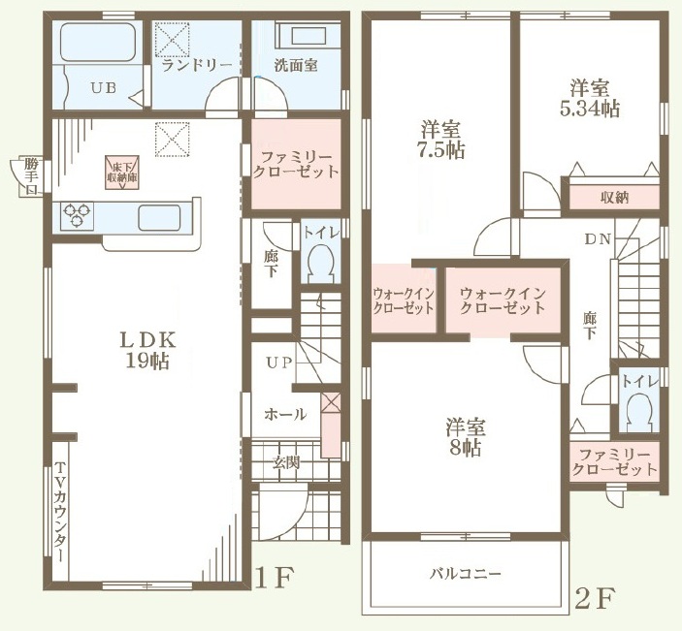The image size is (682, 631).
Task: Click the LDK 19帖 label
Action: (147, 350)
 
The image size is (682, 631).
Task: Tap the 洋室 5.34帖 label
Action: (590, 98)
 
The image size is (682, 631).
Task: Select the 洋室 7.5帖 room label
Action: (440, 140)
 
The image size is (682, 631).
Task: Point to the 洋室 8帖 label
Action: (466, 437)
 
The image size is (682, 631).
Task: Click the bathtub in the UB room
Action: (97, 42)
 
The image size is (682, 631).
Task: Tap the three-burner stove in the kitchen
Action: (77, 215)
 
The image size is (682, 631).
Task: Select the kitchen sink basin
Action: (159, 217)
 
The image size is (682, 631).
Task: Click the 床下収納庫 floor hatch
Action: (121, 173)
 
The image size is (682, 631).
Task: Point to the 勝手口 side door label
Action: (31, 176)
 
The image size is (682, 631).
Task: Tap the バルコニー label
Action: (466, 574)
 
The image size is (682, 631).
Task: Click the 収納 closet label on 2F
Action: (615, 198)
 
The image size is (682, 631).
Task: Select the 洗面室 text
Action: (296, 65)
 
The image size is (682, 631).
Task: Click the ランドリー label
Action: (197, 66)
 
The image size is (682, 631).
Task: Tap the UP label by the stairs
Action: (278, 363)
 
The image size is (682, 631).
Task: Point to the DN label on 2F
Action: (598, 239)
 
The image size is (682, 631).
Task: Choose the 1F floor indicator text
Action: (274, 577)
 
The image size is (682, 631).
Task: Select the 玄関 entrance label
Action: (286, 462)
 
